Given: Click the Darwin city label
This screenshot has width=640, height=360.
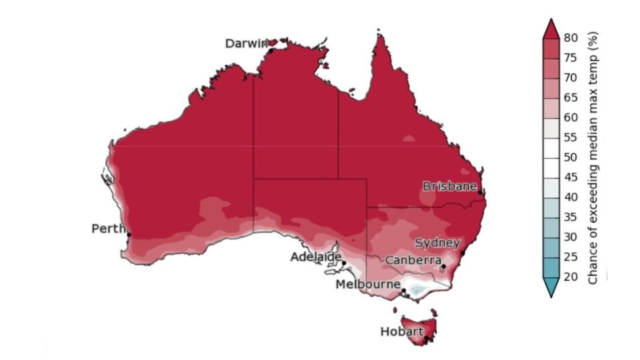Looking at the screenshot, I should point(246,43).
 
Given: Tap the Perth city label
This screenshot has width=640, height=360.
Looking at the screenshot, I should point(108,229).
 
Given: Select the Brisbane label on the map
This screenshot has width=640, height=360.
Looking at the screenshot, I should point(449,187).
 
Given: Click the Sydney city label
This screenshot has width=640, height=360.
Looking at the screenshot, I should point(437,243).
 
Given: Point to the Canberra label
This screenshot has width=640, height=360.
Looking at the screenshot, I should point(413,259).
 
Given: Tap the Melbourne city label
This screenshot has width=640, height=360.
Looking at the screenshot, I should point(367,285).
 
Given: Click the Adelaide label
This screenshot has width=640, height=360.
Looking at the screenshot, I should point(315,257).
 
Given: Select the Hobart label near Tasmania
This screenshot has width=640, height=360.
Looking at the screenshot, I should point(401,331).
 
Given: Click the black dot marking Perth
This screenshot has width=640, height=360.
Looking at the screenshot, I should point(128,234).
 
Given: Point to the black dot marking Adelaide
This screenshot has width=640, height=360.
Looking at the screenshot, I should point(343,263).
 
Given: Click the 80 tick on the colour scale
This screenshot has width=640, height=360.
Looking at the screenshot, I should point(571,38).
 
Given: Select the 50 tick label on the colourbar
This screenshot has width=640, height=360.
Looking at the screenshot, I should point(571,157).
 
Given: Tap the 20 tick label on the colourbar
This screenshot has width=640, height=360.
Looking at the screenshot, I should point(571,277).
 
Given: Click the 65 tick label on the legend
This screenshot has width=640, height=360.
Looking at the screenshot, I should point(571,98).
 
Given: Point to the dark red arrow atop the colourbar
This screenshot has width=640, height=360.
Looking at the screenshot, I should point(551,29).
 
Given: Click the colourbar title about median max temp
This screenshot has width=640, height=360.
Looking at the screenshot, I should point(593,157).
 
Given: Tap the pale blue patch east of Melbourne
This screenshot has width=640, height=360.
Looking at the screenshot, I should point(417,290).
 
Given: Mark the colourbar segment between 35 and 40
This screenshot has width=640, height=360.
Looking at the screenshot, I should point(551,207).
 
